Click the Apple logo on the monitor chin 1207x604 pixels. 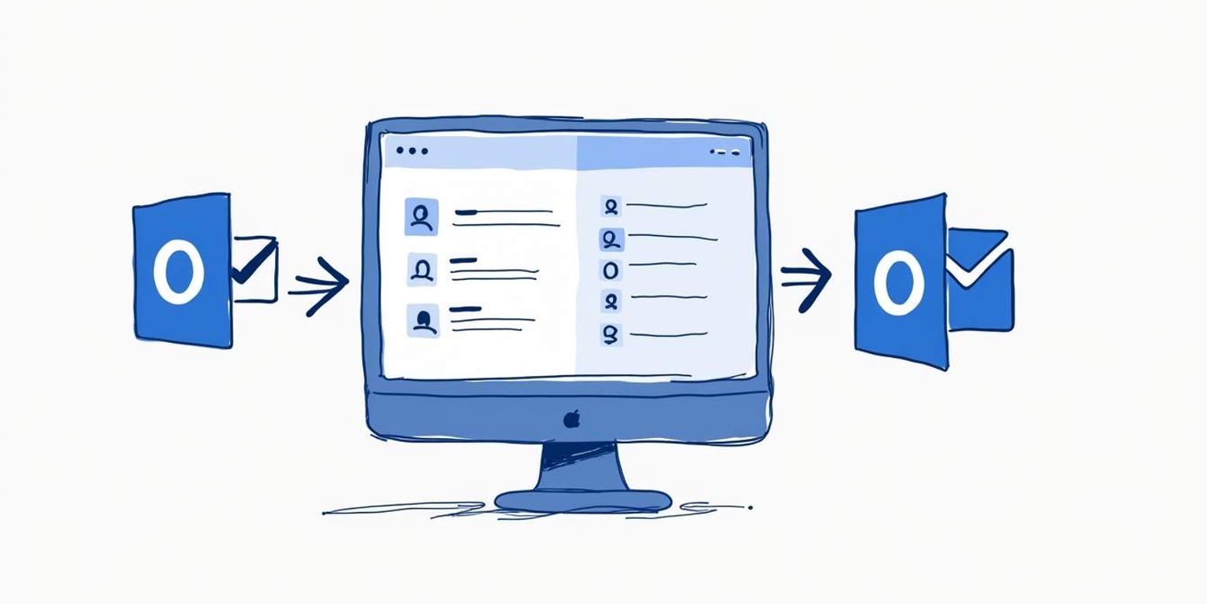[x=571, y=418]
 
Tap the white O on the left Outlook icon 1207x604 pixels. [x=179, y=272]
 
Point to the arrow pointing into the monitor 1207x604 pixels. [x=319, y=285]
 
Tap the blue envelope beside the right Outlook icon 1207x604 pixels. [x=980, y=280]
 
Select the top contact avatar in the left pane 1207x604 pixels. [x=422, y=216]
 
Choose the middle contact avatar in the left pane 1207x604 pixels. [x=422, y=269]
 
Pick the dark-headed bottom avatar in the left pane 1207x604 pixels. [x=423, y=321]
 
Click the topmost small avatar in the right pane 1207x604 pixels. [x=611, y=207]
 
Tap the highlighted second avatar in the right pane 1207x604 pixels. [x=611, y=238]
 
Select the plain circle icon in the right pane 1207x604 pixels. [x=611, y=270]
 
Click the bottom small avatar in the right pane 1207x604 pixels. [x=611, y=334]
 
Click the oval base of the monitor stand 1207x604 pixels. [x=582, y=500]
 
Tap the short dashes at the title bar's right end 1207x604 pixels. [x=725, y=152]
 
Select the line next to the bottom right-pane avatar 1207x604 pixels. [x=668, y=334]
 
